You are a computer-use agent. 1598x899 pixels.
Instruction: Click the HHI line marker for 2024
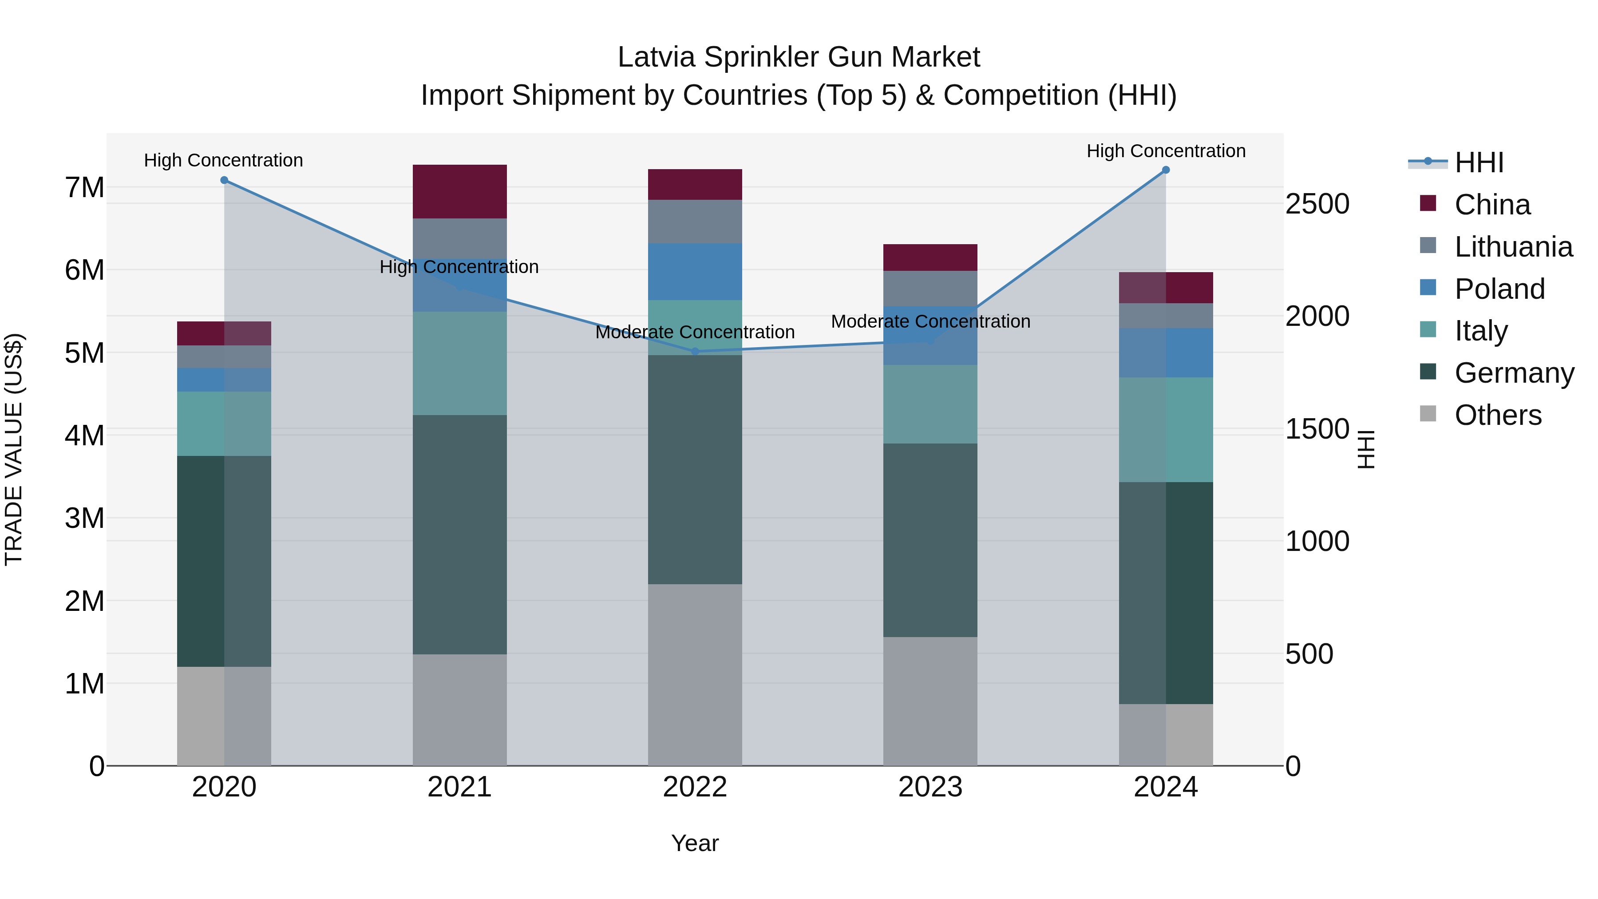(1166, 170)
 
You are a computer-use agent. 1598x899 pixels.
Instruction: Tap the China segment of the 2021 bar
(460, 192)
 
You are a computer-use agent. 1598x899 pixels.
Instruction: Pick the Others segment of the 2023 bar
(930, 701)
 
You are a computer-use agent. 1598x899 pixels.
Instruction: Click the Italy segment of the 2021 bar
(460, 364)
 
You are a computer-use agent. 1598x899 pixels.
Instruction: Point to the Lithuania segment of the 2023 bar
(930, 289)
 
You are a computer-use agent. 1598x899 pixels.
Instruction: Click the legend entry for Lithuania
(1513, 247)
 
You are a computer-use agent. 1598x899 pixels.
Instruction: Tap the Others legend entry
(1498, 415)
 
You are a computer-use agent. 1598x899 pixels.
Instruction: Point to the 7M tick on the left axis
(84, 187)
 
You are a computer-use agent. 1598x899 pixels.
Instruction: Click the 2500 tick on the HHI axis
(1317, 204)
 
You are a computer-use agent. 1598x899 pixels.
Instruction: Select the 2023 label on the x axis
(930, 787)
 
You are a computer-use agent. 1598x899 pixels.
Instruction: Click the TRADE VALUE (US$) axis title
(14, 449)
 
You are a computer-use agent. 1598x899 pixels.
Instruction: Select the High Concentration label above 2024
(1166, 151)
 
